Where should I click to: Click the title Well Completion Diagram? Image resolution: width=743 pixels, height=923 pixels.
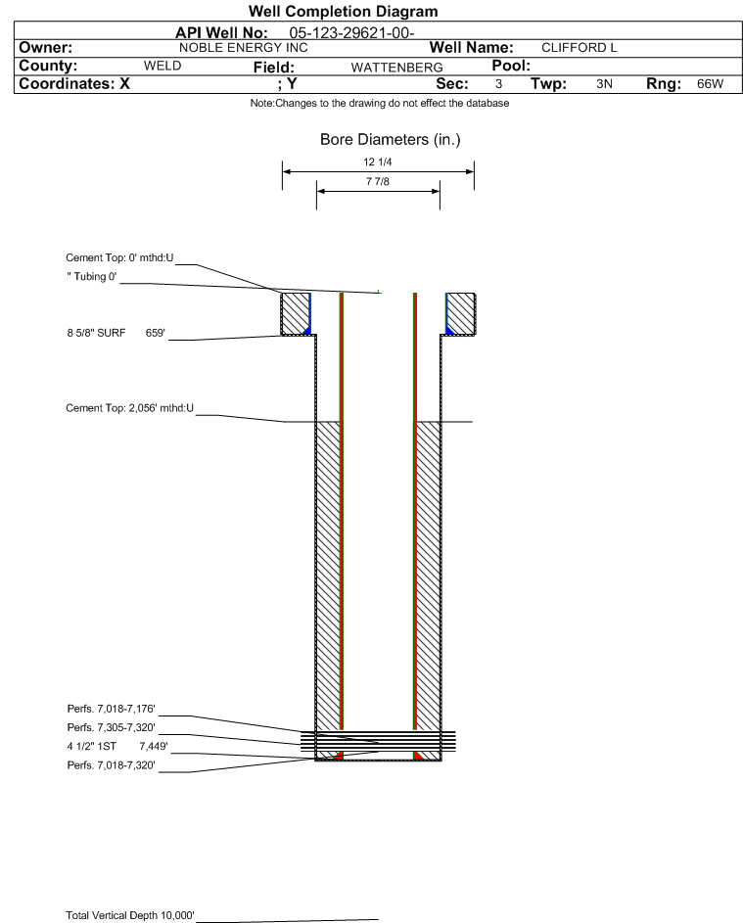point(343,12)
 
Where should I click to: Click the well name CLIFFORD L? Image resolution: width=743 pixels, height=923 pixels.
point(580,48)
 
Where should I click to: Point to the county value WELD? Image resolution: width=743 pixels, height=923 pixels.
point(163,66)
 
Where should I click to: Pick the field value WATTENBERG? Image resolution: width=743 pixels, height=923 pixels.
point(389,67)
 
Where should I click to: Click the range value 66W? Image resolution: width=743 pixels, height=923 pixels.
point(710,84)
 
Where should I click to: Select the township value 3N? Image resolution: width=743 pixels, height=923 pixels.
point(604,84)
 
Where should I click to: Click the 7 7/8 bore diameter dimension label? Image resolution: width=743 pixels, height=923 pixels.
point(377,182)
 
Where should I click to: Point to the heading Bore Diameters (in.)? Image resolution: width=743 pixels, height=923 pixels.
point(390,140)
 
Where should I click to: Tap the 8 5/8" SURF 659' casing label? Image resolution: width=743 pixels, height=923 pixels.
point(109,334)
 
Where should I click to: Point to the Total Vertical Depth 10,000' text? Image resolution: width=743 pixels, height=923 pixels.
point(130,915)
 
